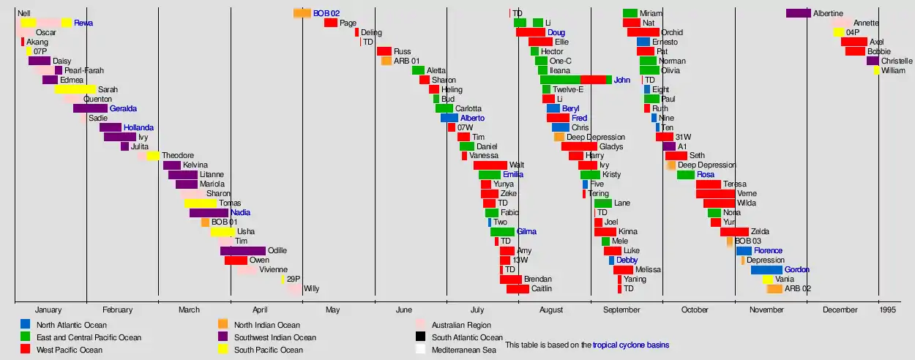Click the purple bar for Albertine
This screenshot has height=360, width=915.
(798, 13)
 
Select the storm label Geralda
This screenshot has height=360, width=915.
(123, 109)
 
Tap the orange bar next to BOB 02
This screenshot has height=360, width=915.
(302, 13)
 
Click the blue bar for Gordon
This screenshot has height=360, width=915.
(766, 270)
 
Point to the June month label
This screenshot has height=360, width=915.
(404, 310)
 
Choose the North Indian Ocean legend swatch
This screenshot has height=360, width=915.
(223, 324)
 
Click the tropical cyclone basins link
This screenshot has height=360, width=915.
(630, 345)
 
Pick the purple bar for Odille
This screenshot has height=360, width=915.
(242, 251)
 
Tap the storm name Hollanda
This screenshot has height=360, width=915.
(138, 128)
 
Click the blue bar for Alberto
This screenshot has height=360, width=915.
(449, 119)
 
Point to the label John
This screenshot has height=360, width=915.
(621, 80)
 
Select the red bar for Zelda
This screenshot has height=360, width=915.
(734, 232)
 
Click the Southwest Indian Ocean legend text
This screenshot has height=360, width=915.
(275, 337)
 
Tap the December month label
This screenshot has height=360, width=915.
(840, 310)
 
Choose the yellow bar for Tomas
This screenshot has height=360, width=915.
(200, 203)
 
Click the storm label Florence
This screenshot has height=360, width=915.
(768, 251)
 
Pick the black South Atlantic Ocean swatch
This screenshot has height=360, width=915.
(421, 337)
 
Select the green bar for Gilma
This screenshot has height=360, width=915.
(502, 232)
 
